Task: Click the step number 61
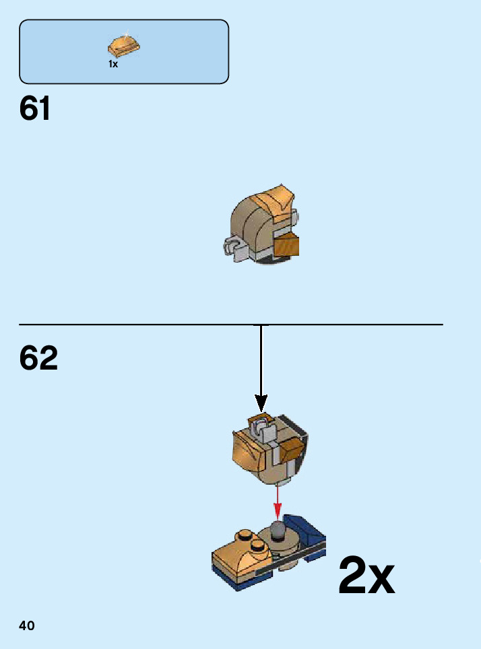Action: (35, 108)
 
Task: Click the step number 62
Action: (38, 359)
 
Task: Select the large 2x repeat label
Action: (366, 576)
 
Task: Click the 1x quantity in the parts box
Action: (113, 65)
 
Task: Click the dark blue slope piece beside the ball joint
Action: (303, 529)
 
